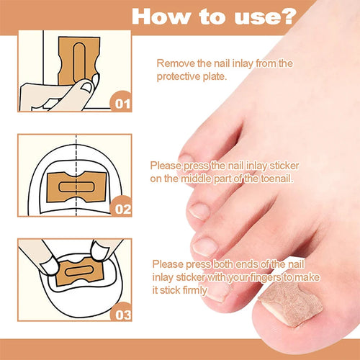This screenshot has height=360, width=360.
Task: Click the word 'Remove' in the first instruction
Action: click(x=174, y=64)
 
